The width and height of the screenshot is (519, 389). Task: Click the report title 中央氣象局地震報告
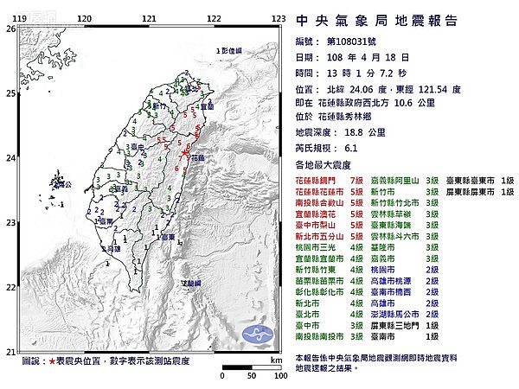[x=375, y=22]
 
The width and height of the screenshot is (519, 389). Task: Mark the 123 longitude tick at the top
[x=279, y=17]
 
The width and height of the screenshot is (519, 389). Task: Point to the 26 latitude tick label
[x=11, y=29]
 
